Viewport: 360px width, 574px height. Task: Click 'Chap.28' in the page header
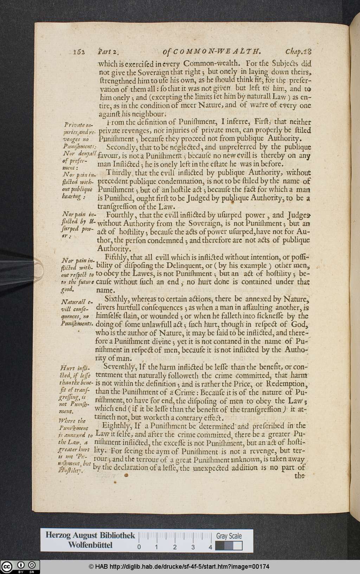pyautogui.click(x=298, y=52)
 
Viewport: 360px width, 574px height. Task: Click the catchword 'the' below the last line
pyautogui.click(x=300, y=476)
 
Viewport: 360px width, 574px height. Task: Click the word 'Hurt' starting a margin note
pyautogui.click(x=67, y=368)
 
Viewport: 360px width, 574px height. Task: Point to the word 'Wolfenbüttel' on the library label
pyautogui.click(x=90, y=545)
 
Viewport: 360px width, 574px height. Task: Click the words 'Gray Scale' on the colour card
pyautogui.click(x=229, y=536)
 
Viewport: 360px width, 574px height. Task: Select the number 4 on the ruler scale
pyautogui.click(x=210, y=547)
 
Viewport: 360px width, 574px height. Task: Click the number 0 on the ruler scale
pyautogui.click(x=139, y=547)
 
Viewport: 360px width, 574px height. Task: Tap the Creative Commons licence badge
pyautogui.click(x=20, y=567)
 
